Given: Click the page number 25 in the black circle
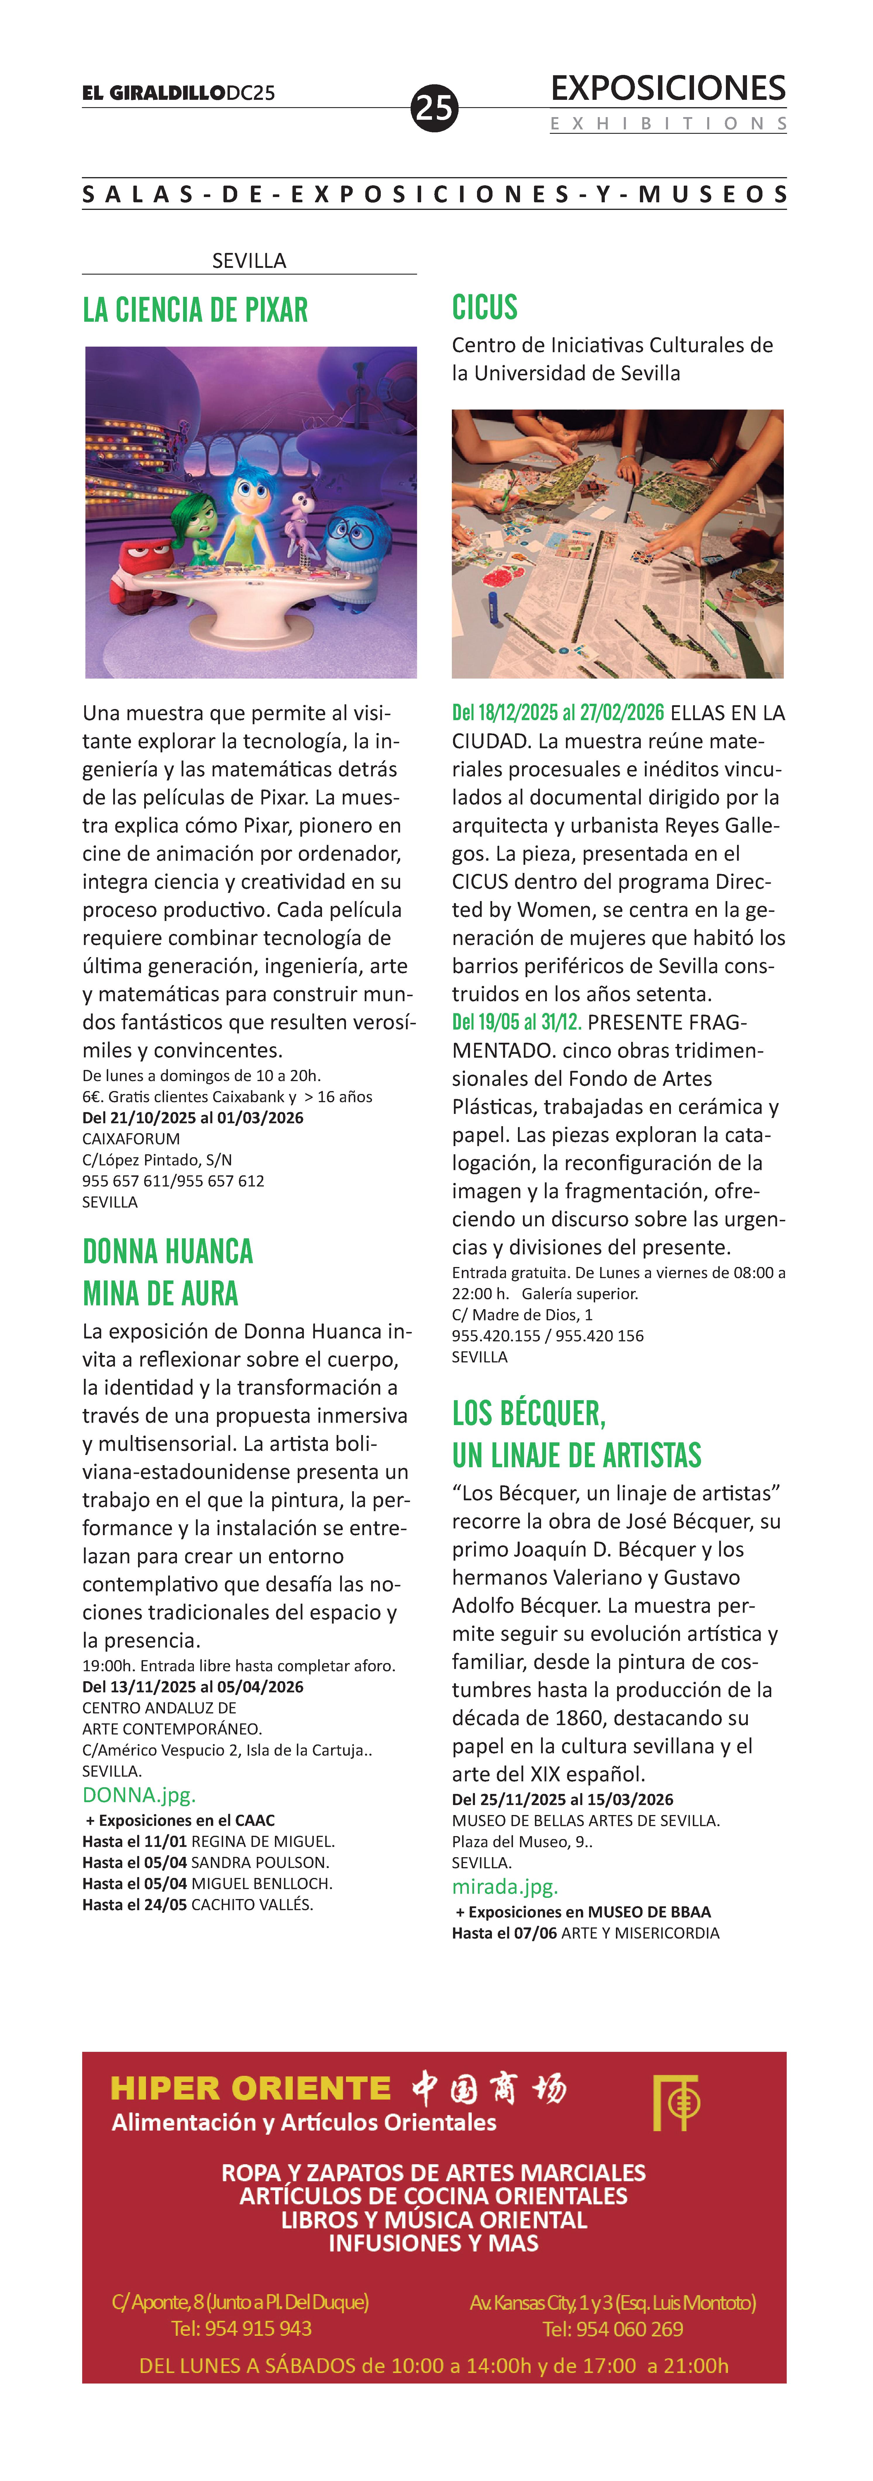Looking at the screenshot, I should (x=434, y=108).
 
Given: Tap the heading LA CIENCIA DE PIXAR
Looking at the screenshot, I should (x=195, y=310).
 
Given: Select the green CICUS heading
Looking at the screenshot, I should (x=485, y=307).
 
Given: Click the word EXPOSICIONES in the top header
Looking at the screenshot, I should (x=668, y=89).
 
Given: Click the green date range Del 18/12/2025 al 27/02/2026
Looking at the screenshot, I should (x=558, y=713).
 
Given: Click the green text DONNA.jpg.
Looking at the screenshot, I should (x=139, y=1794).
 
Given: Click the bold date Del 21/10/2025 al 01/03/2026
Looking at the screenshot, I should (x=192, y=1117).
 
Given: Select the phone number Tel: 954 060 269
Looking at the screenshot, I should (x=613, y=2329).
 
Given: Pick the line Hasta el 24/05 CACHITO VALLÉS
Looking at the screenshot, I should (x=197, y=1904).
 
